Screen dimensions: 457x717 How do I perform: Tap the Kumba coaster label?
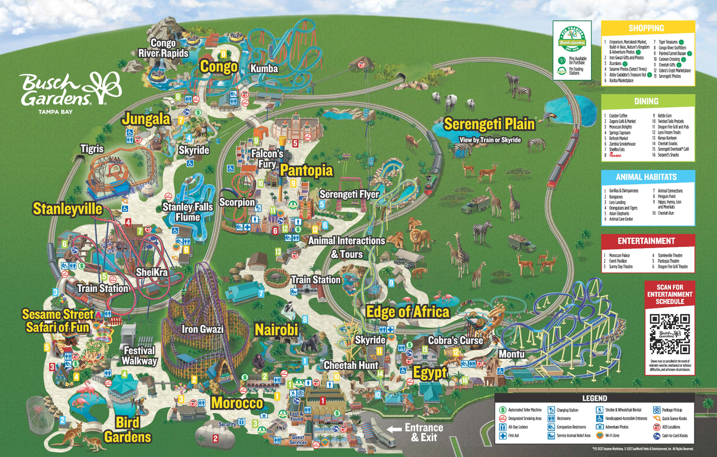[265, 69]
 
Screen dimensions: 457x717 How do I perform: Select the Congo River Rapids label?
[163, 48]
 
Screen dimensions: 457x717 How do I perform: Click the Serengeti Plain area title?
[489, 124]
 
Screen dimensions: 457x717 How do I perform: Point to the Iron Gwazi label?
[203, 329]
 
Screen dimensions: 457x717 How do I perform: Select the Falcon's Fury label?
[266, 158]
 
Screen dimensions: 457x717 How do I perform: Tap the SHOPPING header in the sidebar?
[646, 28]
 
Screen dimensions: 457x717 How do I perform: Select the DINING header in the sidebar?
[646, 102]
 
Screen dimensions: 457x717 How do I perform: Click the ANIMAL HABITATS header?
[646, 177]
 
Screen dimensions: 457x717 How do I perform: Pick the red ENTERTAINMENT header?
[646, 241]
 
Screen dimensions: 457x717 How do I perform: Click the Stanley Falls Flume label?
[188, 212]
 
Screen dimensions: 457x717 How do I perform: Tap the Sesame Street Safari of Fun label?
[58, 321]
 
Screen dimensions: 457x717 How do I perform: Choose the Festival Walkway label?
[139, 355]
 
